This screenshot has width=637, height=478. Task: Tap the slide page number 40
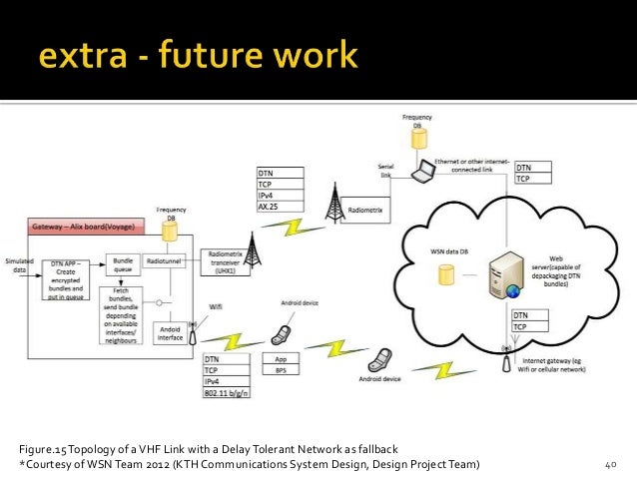coord(611,465)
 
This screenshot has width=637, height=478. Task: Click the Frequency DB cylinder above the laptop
coord(421,138)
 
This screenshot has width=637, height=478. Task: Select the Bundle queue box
coord(124,264)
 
